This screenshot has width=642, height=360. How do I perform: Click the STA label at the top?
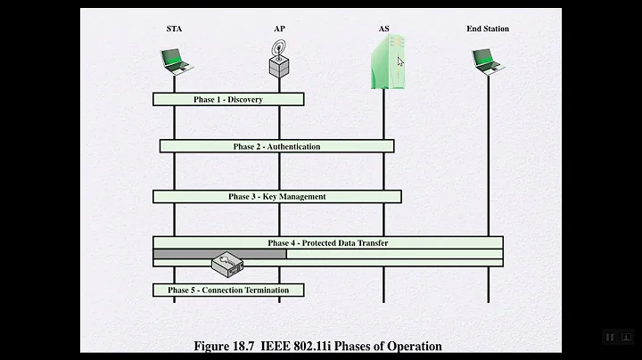(x=174, y=29)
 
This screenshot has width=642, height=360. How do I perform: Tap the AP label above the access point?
(x=280, y=29)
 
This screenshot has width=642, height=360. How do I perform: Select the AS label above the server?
(x=383, y=29)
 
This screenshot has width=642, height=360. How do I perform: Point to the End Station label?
(x=488, y=29)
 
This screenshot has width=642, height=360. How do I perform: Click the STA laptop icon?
(x=174, y=61)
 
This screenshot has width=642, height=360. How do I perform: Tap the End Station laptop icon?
(x=488, y=61)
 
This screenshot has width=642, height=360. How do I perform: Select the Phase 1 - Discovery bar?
(x=228, y=100)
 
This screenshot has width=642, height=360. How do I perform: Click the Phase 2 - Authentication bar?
(x=276, y=146)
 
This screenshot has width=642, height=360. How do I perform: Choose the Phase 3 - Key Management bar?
(x=276, y=196)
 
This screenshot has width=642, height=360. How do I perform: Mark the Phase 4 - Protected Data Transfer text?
(x=328, y=242)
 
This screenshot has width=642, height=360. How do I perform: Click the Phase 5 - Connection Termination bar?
(x=228, y=290)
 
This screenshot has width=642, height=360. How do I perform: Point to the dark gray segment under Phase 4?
(x=219, y=254)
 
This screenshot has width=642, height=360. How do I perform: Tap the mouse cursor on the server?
(x=401, y=61)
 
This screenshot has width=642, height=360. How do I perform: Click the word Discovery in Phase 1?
(x=245, y=100)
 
